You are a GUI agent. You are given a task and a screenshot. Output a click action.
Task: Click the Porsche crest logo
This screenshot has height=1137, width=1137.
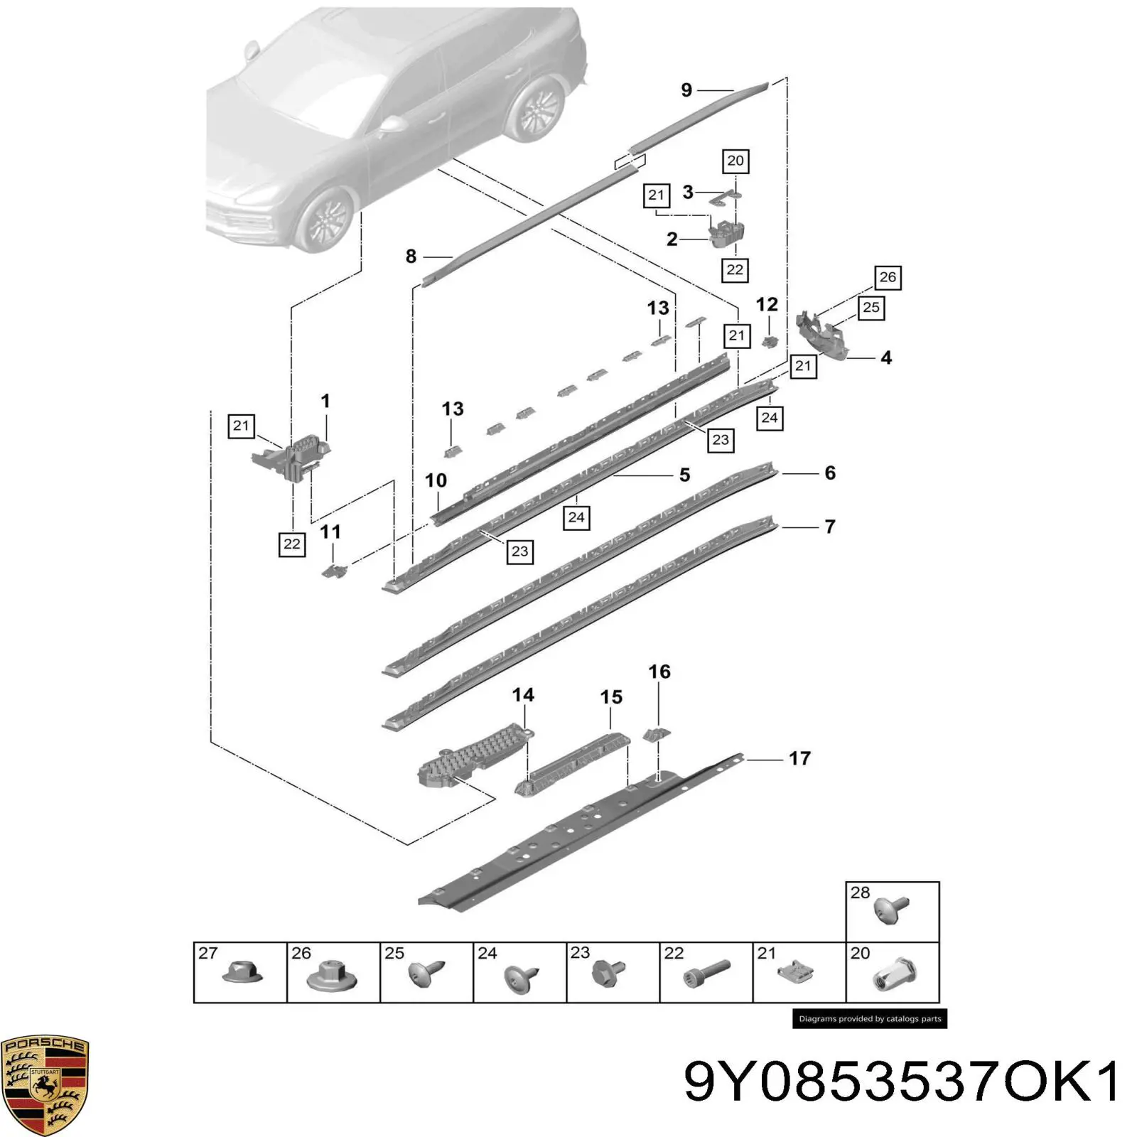tap(45, 1084)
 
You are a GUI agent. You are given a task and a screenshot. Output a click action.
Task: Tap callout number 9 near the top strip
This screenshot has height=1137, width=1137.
tap(686, 90)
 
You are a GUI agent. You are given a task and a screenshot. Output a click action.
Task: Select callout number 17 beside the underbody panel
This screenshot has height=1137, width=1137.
tap(799, 758)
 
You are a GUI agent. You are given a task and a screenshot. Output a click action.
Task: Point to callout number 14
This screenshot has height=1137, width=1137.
tap(523, 694)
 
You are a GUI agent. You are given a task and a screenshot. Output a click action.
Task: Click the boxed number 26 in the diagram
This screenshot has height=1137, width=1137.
tap(888, 277)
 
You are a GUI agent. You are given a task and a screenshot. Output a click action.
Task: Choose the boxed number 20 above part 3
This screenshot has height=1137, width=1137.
tap(735, 161)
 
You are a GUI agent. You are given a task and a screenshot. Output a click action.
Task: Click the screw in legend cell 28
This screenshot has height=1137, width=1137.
tap(892, 910)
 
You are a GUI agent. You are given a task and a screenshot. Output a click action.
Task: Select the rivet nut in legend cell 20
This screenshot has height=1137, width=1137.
tap(893, 973)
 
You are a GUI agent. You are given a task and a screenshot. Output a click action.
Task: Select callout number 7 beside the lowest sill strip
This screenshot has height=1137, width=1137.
tap(829, 527)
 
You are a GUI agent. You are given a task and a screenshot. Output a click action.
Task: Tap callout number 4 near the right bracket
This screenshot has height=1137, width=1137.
tap(886, 357)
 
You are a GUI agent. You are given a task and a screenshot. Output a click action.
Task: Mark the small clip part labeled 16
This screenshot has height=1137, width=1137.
tap(657, 735)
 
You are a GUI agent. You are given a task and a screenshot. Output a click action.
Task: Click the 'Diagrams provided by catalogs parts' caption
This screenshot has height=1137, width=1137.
tap(870, 1018)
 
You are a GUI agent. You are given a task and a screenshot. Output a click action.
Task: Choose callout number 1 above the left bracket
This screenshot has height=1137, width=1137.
tap(325, 401)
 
